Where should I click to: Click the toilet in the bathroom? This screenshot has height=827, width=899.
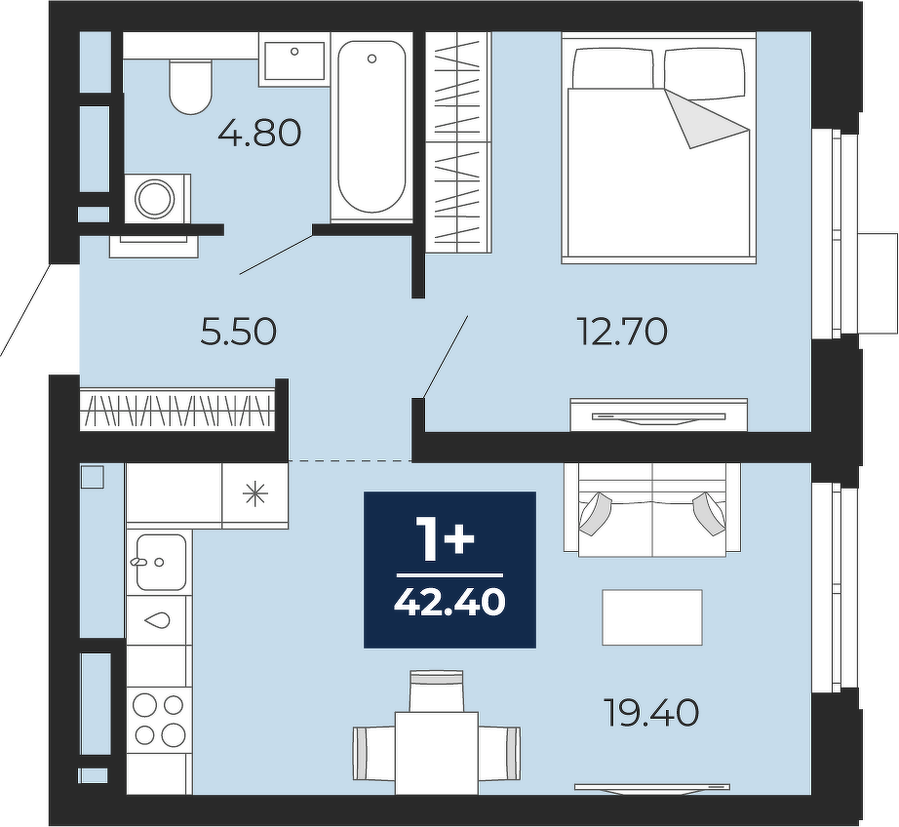pyautogui.click(x=191, y=85)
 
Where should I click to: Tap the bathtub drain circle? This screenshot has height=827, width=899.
pyautogui.click(x=371, y=59)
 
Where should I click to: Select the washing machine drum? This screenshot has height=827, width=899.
pyautogui.click(x=154, y=198)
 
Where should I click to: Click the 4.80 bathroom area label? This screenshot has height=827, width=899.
pyautogui.click(x=259, y=134)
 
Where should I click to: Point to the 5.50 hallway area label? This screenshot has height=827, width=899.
pyautogui.click(x=239, y=332)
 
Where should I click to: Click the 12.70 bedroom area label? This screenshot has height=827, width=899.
pyautogui.click(x=623, y=332)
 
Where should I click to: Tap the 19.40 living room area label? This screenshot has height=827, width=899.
pyautogui.click(x=652, y=713)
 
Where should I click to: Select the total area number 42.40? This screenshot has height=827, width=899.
pyautogui.click(x=450, y=602)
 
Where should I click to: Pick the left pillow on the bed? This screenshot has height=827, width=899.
pyautogui.click(x=613, y=68)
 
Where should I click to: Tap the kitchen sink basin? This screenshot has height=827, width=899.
pyautogui.click(x=161, y=563)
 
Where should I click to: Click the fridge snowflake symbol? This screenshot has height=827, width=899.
pyautogui.click(x=255, y=494)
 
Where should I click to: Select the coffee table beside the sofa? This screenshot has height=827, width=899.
pyautogui.click(x=652, y=617)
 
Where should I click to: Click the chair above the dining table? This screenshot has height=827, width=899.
pyautogui.click(x=436, y=691)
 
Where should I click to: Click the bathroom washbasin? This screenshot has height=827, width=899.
pyautogui.click(x=294, y=59)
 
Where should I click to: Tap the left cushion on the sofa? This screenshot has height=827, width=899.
pyautogui.click(x=597, y=513)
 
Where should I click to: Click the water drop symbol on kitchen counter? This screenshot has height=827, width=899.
pyautogui.click(x=157, y=620)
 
